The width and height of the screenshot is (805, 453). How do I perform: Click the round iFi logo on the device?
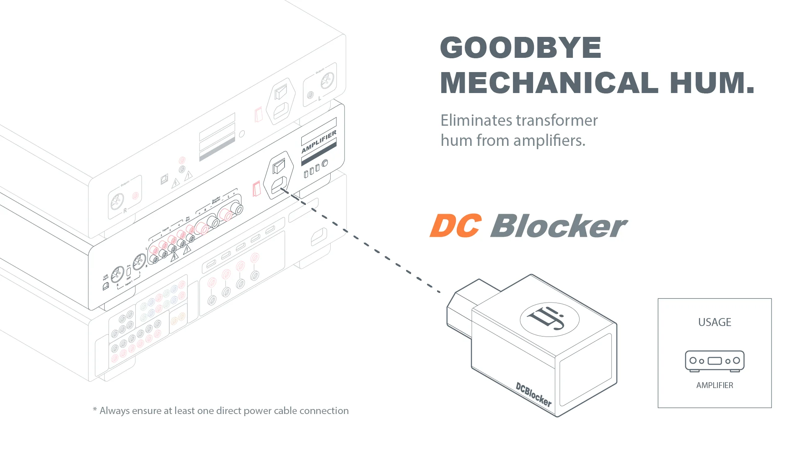(549, 319)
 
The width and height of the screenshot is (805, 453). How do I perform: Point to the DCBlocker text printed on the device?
(533, 394)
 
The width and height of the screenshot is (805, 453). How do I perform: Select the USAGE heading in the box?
(714, 322)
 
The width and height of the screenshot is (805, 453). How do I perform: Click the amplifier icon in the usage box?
(714, 361)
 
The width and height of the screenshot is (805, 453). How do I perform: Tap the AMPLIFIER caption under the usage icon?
(714, 386)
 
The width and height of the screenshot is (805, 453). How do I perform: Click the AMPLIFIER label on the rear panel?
(319, 142)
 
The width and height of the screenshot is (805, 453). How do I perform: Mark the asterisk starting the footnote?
(95, 410)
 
